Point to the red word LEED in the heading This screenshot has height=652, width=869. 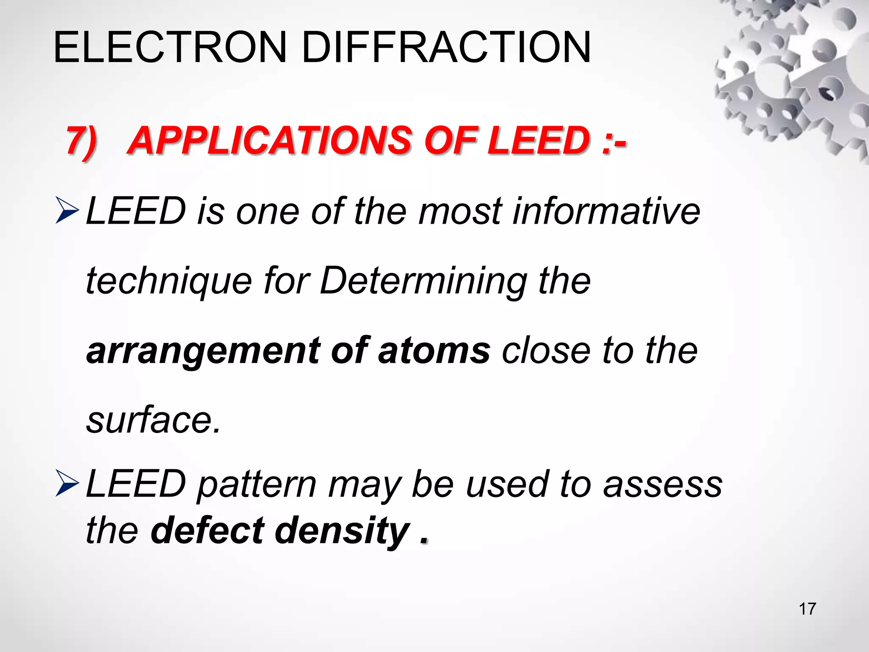click(x=539, y=141)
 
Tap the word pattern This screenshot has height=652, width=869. click(x=257, y=485)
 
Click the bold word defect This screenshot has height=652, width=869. click(x=208, y=531)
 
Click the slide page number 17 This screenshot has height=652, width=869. click(x=807, y=609)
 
